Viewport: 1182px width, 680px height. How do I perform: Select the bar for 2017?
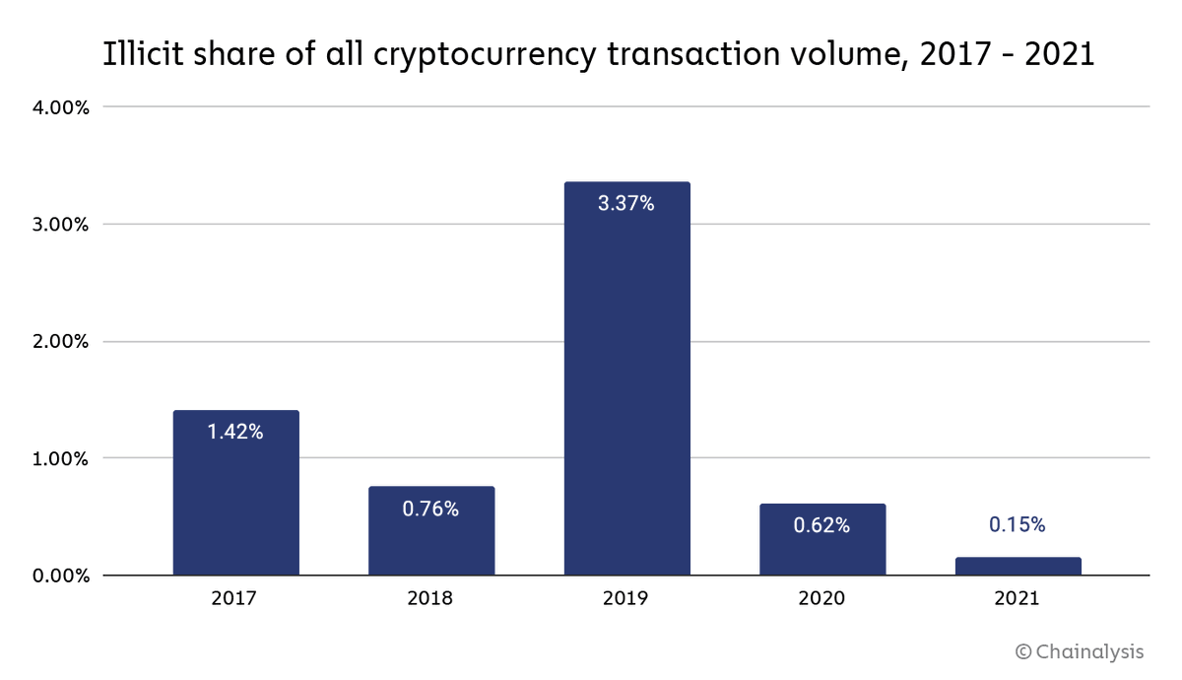pyautogui.click(x=235, y=493)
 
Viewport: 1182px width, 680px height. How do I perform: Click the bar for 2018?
pyautogui.click(x=431, y=531)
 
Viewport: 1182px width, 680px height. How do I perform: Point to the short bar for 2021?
pyautogui.click(x=1018, y=567)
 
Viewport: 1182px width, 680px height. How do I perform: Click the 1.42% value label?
pyautogui.click(x=235, y=432)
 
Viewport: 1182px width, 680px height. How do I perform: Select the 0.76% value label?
pyautogui.click(x=430, y=510)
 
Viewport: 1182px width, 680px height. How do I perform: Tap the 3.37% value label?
pyautogui.click(x=626, y=204)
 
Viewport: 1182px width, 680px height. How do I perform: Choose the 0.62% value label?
pyautogui.click(x=821, y=525)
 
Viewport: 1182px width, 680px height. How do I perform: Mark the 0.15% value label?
pyautogui.click(x=1018, y=525)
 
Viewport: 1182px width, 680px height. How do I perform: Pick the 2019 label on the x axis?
pyautogui.click(x=626, y=598)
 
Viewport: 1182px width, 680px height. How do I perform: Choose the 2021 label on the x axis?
pyautogui.click(x=1018, y=598)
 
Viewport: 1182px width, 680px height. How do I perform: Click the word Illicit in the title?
pyautogui.click(x=139, y=55)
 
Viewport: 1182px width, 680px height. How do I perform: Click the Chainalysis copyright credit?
pyautogui.click(x=1080, y=651)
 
